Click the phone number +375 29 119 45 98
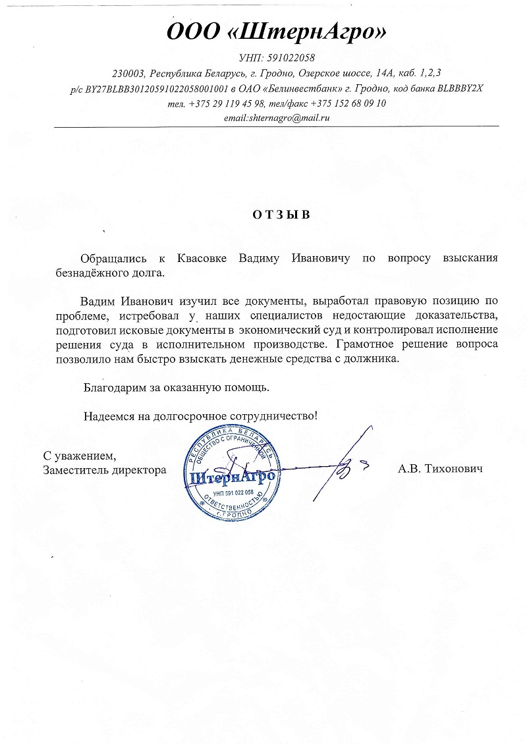pyautogui.click(x=226, y=103)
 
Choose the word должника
pyautogui.click(x=375, y=358)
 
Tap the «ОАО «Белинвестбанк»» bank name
pyautogui.click(x=310, y=88)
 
